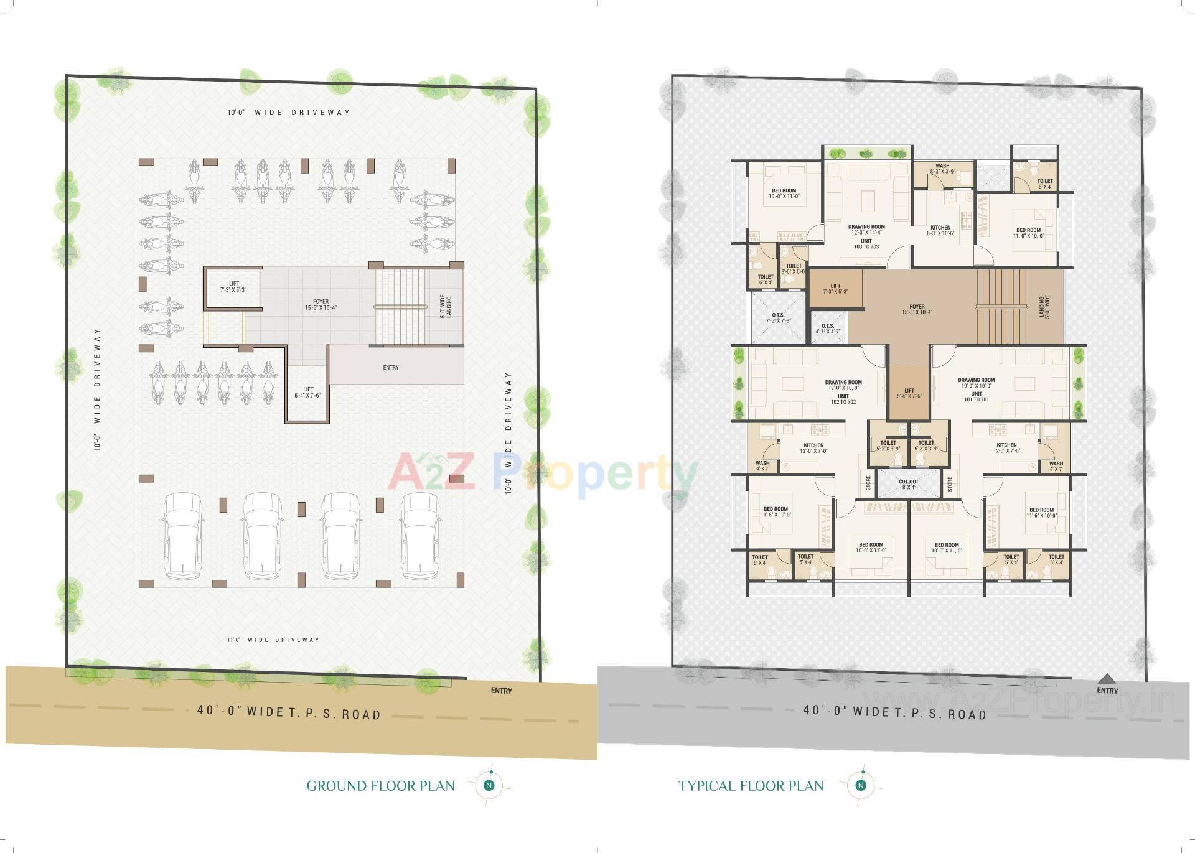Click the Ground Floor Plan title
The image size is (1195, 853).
[380, 786]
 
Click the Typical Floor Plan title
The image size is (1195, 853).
[751, 786]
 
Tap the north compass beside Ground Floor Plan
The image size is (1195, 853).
[489, 785]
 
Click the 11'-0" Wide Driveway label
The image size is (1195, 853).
[273, 640]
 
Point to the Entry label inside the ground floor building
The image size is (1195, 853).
[391, 367]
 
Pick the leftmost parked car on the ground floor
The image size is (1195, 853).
[182, 536]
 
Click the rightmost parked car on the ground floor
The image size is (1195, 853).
[421, 536]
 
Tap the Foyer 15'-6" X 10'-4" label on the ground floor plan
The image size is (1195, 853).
[321, 304]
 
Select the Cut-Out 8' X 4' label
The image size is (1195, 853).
[908, 484]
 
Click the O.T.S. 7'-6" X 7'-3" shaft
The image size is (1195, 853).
[778, 318]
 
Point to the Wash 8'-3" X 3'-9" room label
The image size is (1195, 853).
[942, 169]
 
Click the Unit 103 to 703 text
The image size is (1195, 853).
[866, 244]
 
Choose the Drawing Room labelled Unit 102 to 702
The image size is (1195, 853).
[843, 392]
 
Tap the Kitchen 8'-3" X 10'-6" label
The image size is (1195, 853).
[940, 230]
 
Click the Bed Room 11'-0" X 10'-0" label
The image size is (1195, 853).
[1028, 233]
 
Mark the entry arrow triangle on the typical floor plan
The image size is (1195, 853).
[1106, 678]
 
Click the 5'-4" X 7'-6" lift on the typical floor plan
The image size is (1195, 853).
[909, 393]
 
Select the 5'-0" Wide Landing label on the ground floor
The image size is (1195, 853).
[445, 307]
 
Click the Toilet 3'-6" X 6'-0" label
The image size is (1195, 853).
[794, 269]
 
